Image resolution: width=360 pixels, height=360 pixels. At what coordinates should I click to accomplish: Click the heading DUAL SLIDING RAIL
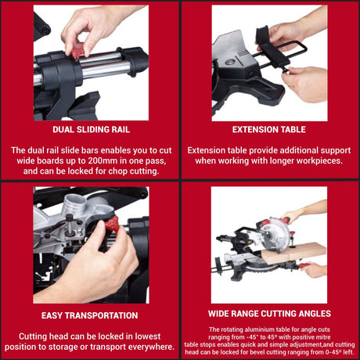tap(90, 129)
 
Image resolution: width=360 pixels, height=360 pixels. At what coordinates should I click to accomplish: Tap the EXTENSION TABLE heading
tap(269, 129)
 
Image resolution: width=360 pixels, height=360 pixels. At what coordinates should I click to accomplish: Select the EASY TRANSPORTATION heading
tap(90, 315)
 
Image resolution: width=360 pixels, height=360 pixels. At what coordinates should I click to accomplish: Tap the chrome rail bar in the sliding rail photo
tap(110, 67)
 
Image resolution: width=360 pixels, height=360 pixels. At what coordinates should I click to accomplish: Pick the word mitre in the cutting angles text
tap(328, 337)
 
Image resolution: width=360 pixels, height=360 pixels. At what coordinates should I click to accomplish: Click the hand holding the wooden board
tap(315, 268)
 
